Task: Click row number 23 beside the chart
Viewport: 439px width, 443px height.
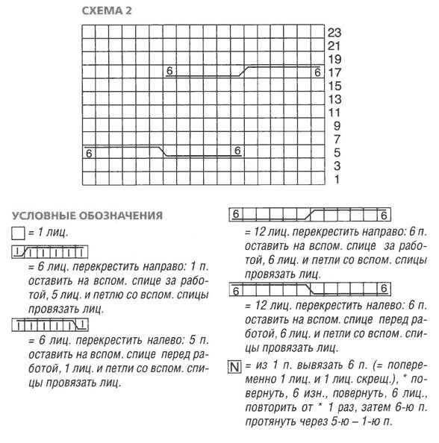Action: tap(334, 33)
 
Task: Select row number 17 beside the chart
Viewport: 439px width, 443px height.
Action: tap(334, 73)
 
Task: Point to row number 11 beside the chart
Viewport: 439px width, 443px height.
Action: tap(334, 113)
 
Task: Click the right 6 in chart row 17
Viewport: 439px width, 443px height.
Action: tap(317, 72)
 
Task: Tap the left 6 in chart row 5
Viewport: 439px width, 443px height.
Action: tap(90, 153)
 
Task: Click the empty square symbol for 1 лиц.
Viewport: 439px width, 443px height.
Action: tap(18, 233)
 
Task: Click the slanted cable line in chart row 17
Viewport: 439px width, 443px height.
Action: tap(243, 70)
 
